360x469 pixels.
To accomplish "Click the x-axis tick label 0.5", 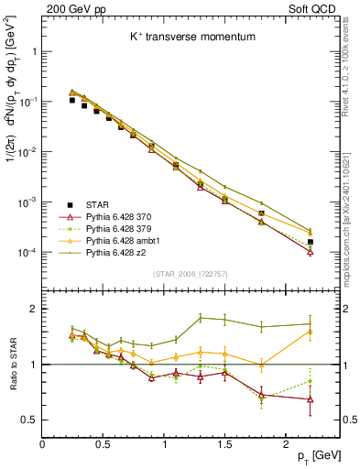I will pyautogui.click(x=104, y=443).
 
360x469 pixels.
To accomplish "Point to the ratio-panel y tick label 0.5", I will pyautogui.click(x=30, y=420).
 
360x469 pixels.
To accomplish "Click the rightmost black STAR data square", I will pyautogui.click(x=310, y=242).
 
